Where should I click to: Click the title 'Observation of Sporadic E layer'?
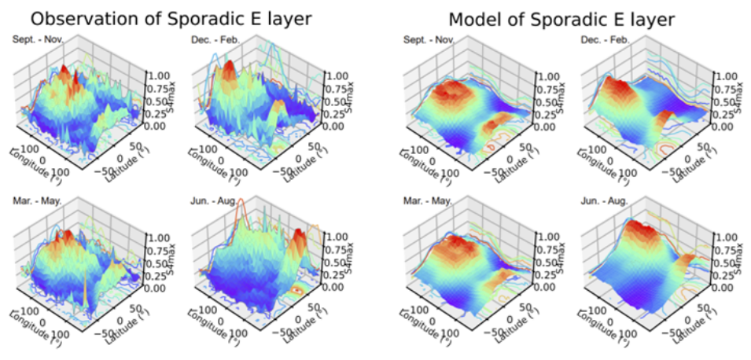(x=155, y=17)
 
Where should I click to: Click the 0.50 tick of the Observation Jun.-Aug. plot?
(x=334, y=263)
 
